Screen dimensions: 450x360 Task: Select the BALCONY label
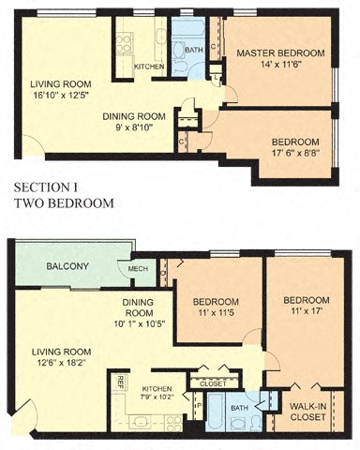point(67,267)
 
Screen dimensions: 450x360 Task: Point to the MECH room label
point(139,269)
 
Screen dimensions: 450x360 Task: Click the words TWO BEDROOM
point(63,202)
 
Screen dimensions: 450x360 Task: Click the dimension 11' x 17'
point(305,313)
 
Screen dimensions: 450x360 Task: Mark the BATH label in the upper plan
point(194,51)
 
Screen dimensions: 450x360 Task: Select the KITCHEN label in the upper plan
point(149,67)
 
